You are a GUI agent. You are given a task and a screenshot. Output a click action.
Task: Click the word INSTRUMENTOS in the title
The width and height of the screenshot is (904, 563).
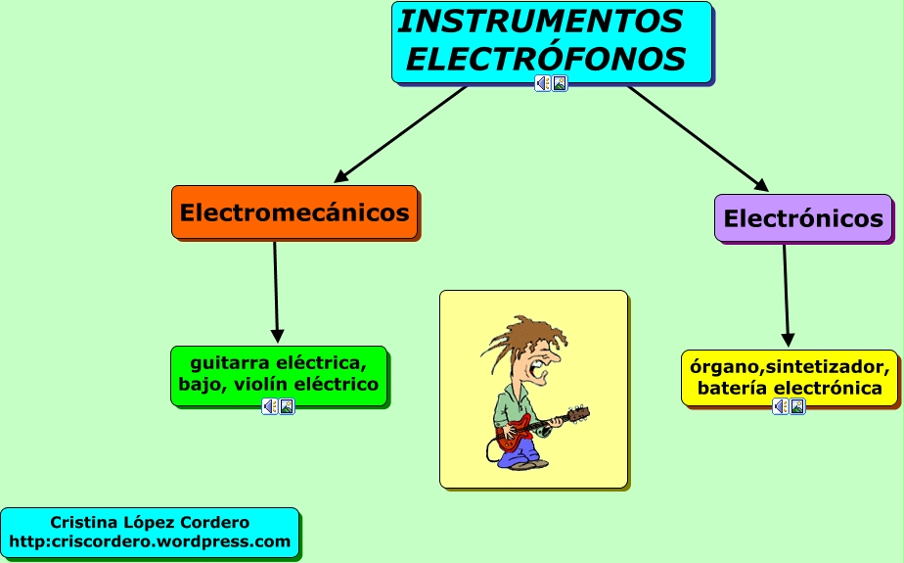tap(540, 22)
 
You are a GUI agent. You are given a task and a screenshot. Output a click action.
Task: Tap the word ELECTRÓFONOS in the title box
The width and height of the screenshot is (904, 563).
tap(546, 59)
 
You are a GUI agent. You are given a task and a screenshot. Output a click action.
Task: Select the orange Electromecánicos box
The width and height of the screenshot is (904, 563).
tap(294, 212)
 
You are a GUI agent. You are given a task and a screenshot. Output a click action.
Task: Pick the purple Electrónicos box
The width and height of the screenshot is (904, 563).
tap(803, 218)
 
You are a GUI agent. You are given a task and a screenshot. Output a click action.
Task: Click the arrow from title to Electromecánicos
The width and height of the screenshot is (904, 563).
tap(400, 134)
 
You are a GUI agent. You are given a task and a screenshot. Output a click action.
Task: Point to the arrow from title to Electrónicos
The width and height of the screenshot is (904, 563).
tap(698, 138)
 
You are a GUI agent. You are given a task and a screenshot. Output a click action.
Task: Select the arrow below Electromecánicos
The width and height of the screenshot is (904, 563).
tap(276, 292)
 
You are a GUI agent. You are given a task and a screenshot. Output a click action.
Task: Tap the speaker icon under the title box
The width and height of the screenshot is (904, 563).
tap(543, 83)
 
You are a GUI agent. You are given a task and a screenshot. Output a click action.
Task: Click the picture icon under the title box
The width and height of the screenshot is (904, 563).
tap(560, 83)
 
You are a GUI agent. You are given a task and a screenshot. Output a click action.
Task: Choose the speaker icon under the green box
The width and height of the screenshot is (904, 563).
tap(269, 406)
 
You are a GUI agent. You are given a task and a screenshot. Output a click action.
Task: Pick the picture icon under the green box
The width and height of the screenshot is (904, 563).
tap(287, 406)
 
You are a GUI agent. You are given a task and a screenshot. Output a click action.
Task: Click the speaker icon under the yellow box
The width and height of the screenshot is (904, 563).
tap(780, 406)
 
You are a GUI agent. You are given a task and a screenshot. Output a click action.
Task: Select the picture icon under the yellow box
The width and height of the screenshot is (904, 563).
tap(797, 406)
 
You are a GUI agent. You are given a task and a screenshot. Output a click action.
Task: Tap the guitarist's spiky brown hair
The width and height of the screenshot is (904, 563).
tap(522, 336)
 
